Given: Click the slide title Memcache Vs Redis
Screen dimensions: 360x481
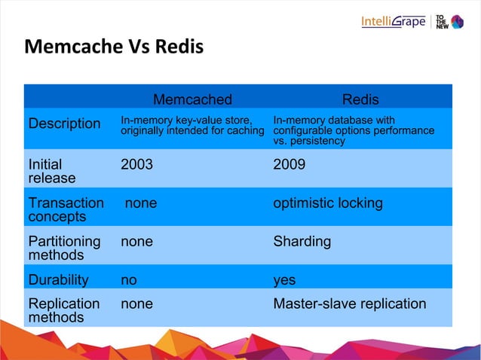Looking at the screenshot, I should point(114,47).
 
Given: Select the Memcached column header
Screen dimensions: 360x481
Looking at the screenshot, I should point(192,99).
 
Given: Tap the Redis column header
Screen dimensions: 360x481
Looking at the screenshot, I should point(360,99).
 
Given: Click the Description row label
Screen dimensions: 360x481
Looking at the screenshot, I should point(64,124).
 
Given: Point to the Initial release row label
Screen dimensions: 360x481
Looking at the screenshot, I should point(51,171).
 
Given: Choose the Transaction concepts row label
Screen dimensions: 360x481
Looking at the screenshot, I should point(66,209).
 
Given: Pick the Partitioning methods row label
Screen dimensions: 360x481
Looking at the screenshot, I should point(64,248).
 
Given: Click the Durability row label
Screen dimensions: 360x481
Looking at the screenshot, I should point(58,280).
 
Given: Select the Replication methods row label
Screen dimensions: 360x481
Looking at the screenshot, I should point(63,310).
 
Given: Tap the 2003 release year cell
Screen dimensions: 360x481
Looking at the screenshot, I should point(136,164).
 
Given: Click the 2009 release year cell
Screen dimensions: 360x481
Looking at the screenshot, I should point(289,164).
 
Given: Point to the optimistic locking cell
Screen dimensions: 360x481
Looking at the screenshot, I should point(327,203).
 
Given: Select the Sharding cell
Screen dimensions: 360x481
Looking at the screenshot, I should point(302,242).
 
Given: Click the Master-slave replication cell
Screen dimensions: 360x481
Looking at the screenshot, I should point(349,304).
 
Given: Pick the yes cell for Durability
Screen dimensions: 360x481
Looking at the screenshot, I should point(284,280).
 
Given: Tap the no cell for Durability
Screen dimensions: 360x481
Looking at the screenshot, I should point(129,280).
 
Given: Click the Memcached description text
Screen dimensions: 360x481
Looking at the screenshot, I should point(192,126).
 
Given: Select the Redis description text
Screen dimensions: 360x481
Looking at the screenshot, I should point(353,130).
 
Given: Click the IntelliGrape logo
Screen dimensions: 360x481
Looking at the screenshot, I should point(393,21).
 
